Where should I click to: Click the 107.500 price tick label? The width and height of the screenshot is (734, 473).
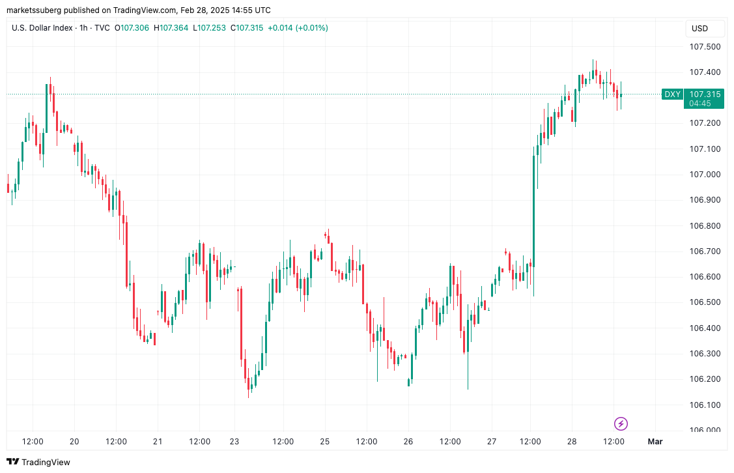tap(705, 47)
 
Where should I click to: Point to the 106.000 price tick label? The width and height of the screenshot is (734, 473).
tap(705, 430)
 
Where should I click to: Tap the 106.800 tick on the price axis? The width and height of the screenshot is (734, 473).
tap(705, 226)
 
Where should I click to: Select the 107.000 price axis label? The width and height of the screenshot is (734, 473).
tap(705, 175)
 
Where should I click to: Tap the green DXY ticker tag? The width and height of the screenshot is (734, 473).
tap(672, 94)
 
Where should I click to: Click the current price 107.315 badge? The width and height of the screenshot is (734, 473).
tap(705, 94)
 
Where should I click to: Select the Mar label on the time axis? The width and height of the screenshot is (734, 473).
tap(655, 442)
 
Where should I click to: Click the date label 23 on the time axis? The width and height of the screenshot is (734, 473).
tap(235, 442)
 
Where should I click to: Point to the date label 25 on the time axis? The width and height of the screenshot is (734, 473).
tap(324, 442)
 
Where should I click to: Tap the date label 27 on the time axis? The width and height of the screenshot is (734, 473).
tap(492, 442)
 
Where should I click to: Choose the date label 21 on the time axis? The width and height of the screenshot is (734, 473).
tap(158, 442)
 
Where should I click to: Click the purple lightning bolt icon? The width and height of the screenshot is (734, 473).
tap(621, 424)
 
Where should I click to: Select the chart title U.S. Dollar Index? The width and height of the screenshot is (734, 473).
tap(41, 28)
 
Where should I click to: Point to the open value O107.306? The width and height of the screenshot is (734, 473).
tap(132, 28)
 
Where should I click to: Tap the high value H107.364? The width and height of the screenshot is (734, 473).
tap(171, 28)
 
